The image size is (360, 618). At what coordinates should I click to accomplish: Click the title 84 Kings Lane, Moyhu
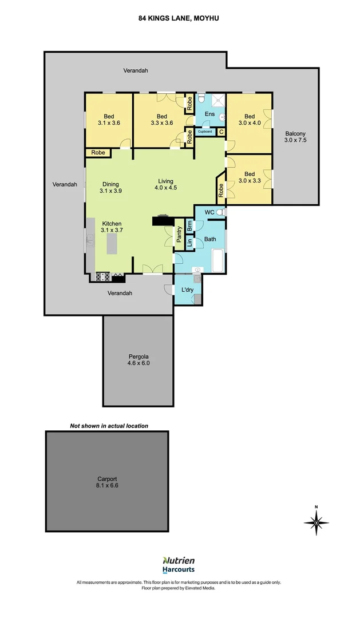(179, 18)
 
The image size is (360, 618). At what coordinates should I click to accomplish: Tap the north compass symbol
(316, 521)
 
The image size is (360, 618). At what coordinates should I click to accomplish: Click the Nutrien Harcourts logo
(179, 565)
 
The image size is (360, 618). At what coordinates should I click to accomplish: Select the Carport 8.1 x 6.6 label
(107, 482)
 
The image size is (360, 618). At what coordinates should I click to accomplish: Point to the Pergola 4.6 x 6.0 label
(138, 359)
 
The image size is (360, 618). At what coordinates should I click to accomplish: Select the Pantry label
(179, 235)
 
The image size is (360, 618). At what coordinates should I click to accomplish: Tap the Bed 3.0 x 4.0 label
(250, 120)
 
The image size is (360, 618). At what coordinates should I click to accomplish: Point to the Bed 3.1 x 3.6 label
(109, 120)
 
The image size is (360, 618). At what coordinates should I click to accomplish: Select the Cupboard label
(205, 132)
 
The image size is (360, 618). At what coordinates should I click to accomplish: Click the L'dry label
(187, 290)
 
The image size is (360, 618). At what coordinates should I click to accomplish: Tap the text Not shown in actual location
(109, 426)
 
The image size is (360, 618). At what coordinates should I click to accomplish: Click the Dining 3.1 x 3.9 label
(110, 187)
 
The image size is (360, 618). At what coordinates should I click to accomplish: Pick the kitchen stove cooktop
(103, 278)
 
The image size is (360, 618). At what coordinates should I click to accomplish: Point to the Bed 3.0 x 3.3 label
(250, 177)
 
